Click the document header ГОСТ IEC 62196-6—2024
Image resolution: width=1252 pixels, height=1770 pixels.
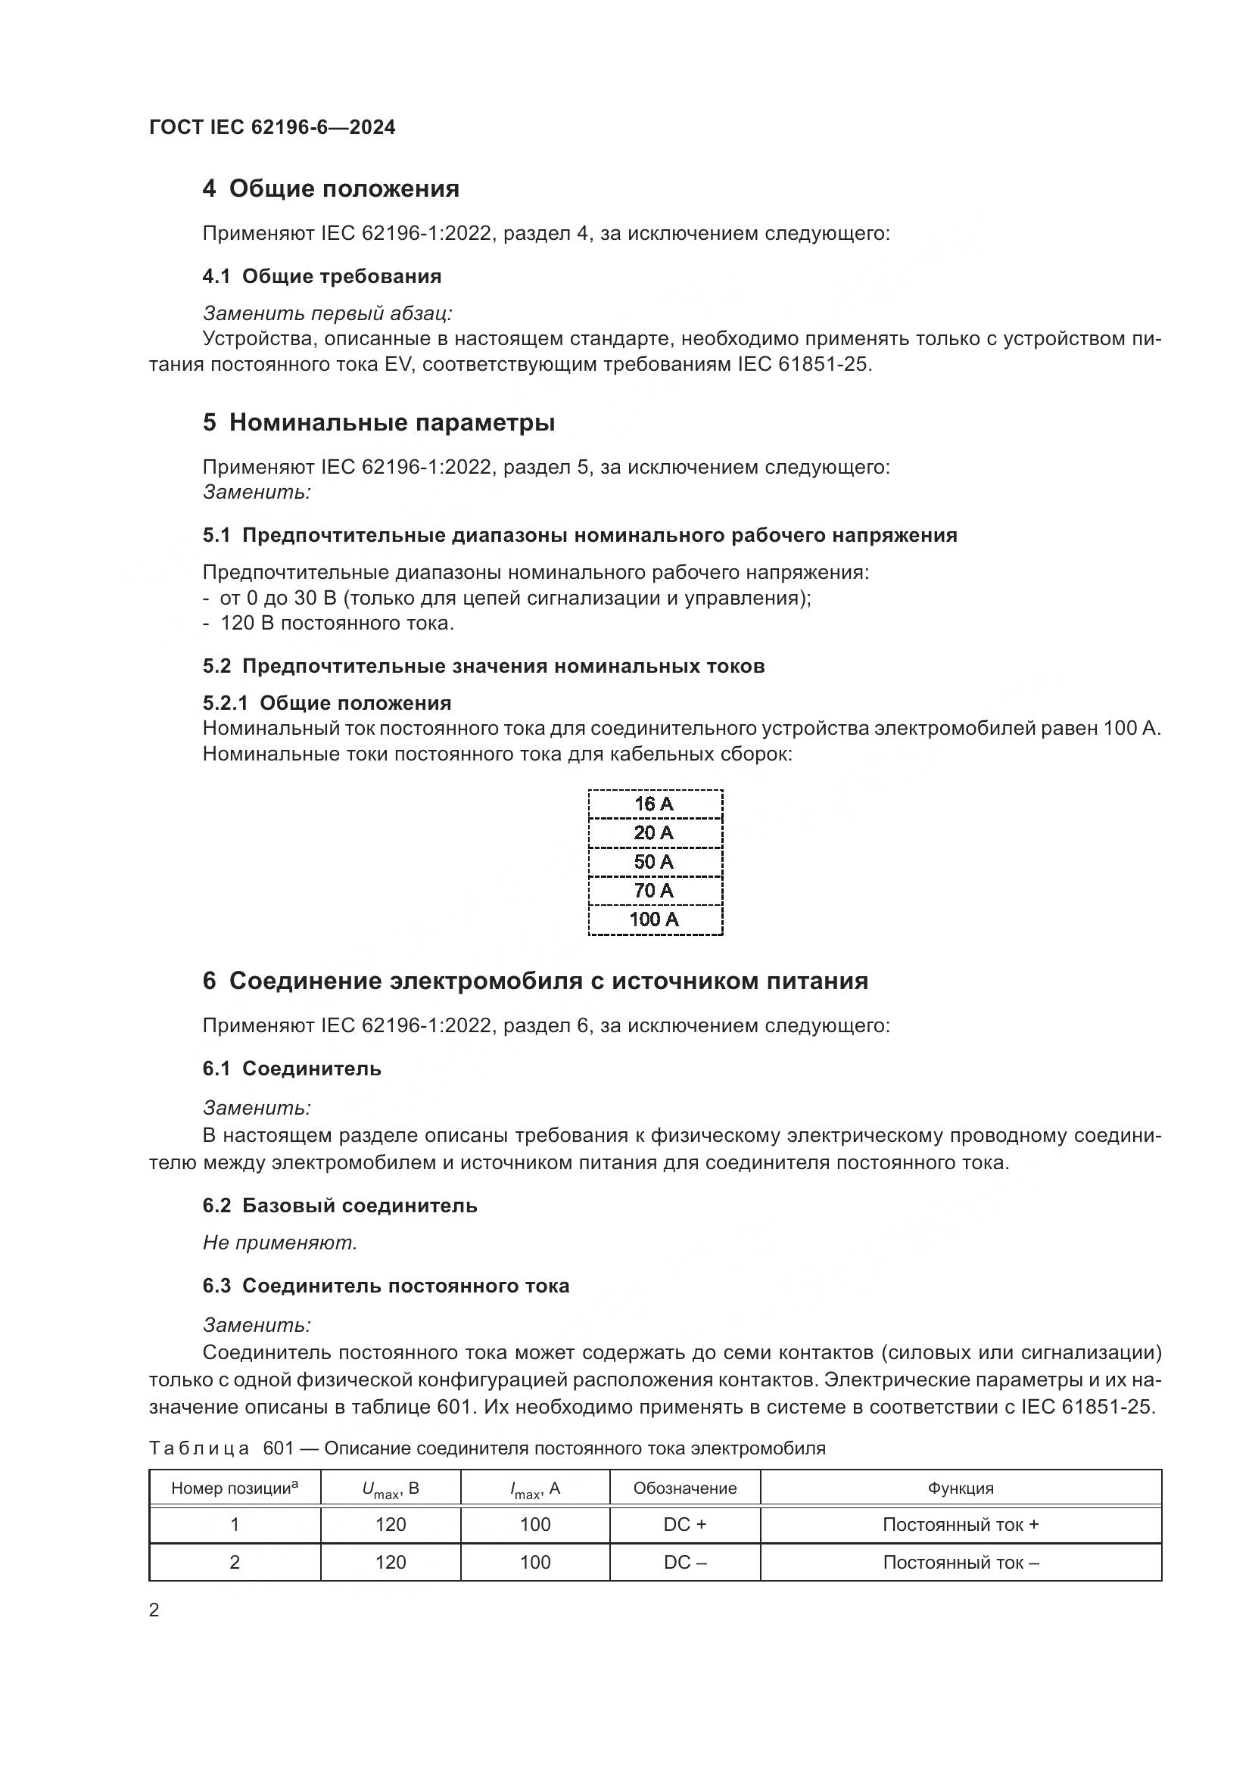[x=273, y=127]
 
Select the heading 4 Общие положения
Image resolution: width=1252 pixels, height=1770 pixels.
[x=331, y=188]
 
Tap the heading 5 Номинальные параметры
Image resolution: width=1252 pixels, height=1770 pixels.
[x=378, y=422]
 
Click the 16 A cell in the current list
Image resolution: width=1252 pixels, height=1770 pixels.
[x=654, y=804]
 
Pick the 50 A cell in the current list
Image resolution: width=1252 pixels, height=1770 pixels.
[x=654, y=862]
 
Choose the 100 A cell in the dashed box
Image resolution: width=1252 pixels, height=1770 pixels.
[x=654, y=919]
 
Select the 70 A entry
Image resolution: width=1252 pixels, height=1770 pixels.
[x=654, y=891]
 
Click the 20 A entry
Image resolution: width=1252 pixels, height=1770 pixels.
[x=654, y=832]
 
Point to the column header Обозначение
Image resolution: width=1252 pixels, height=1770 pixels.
[x=684, y=1488]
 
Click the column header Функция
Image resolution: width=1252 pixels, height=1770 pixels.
[x=961, y=1488]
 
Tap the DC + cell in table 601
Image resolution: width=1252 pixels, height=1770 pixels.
[x=684, y=1524]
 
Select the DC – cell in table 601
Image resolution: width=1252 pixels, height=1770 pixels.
[x=684, y=1562]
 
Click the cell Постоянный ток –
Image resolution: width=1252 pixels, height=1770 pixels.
[x=961, y=1562]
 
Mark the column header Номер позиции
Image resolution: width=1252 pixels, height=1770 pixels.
[x=235, y=1488]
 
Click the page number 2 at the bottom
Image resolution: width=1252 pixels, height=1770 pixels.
[x=154, y=1610]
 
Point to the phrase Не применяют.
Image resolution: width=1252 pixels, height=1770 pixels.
[x=280, y=1242]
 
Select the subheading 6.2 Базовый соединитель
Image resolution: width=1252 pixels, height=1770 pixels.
[x=340, y=1205]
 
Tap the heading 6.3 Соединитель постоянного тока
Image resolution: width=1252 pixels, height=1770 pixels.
[x=385, y=1285]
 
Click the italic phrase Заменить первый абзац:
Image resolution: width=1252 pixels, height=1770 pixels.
[x=328, y=313]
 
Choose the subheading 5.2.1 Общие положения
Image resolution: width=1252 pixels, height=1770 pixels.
[x=327, y=702]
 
